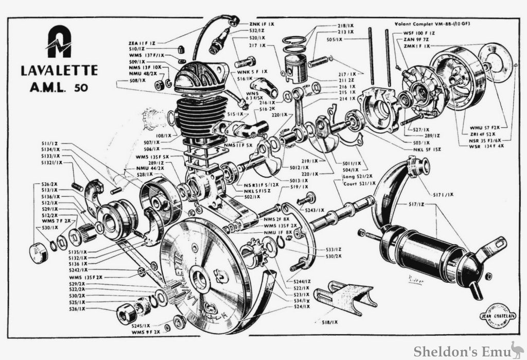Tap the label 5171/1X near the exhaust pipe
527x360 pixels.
point(443,194)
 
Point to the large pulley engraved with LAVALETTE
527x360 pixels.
point(206,273)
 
